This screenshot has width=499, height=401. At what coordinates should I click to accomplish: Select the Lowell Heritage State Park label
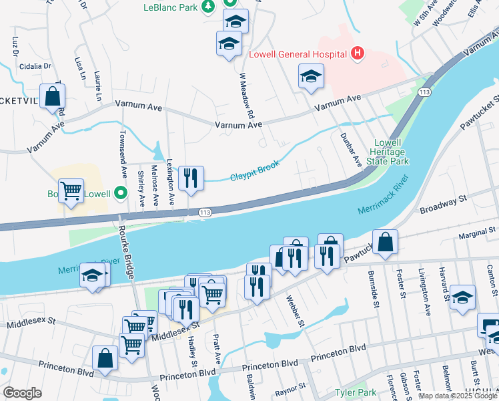click(390, 152)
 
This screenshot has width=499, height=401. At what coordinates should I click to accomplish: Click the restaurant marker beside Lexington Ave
click(191, 178)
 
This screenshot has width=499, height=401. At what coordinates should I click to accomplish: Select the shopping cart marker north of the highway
click(71, 191)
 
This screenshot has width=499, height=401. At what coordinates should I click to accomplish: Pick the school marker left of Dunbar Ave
click(311, 77)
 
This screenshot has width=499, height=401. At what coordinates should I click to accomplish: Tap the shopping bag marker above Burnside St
click(386, 242)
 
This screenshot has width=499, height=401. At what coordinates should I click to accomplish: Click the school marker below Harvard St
click(462, 297)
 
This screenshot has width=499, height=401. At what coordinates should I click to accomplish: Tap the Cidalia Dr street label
click(35, 66)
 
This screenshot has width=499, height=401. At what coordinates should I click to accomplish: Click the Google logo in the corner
click(22, 393)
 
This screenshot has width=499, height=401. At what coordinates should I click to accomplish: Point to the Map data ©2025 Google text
click(458, 396)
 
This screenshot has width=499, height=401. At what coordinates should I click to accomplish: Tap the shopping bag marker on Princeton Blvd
click(105, 358)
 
